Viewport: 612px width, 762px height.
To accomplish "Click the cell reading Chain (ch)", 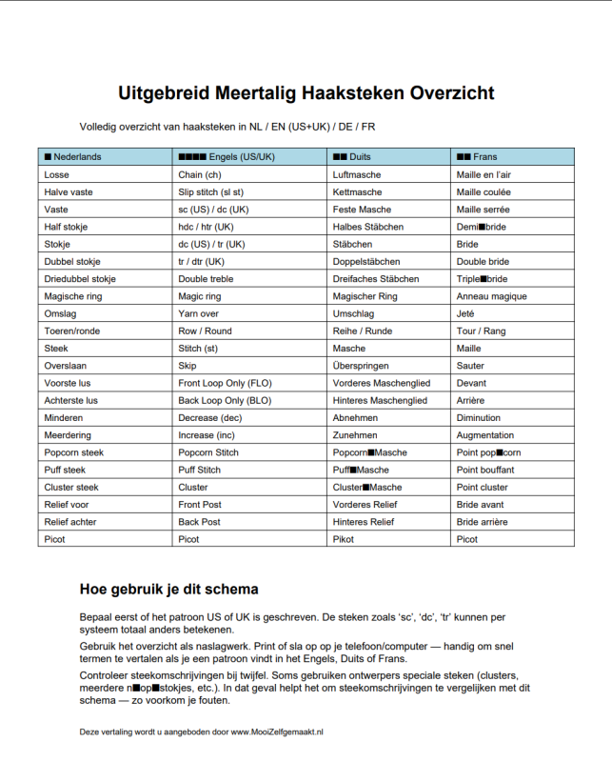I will pos(200,174).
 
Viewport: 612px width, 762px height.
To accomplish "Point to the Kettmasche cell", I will pos(358,191).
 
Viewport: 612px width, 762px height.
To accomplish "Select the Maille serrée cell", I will pos(484,210).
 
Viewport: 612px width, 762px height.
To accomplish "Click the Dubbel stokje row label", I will pos(72,261).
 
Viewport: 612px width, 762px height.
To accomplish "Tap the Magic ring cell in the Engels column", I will pos(200,296).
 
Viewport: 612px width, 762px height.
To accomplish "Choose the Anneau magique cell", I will pos(491,296).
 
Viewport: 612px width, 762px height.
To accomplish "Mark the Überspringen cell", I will pos(361,366).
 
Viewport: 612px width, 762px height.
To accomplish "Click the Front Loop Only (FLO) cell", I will pos(225,383).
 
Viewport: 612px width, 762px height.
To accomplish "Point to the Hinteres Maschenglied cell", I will pos(380,400).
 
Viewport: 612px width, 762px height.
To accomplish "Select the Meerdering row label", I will pos(68,435).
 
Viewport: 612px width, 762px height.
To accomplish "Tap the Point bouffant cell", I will pos(485,470).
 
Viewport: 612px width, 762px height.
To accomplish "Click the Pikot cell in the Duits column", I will pos(345,539).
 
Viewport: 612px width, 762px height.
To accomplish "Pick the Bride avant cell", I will pos(481,505).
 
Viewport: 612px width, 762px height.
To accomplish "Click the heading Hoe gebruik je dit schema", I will pos(169,589).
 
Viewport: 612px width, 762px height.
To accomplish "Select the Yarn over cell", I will pos(198,313).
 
